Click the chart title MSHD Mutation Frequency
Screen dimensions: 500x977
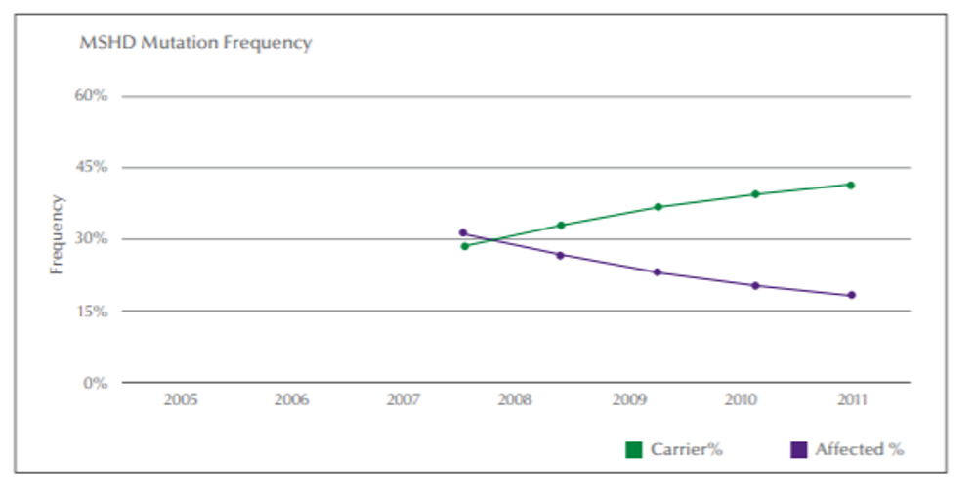coord(195,43)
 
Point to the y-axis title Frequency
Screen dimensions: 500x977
coord(57,234)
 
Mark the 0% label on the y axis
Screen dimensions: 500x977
coord(95,383)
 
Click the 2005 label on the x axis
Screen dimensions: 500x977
coord(180,400)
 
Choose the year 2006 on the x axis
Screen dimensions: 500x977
coord(291,400)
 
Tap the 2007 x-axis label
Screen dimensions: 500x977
coord(403,400)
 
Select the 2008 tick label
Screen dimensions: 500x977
coord(515,400)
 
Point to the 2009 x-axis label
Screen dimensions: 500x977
coord(627,400)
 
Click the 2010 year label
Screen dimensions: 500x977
coord(739,400)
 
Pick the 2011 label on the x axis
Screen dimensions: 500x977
coord(851,400)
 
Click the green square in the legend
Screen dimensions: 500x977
coord(634,450)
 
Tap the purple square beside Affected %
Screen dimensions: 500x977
coord(799,450)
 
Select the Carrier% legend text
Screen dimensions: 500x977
coord(686,450)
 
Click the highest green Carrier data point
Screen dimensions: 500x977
coord(851,185)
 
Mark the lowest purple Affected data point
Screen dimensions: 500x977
coord(851,295)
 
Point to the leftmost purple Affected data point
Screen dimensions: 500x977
coord(463,232)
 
